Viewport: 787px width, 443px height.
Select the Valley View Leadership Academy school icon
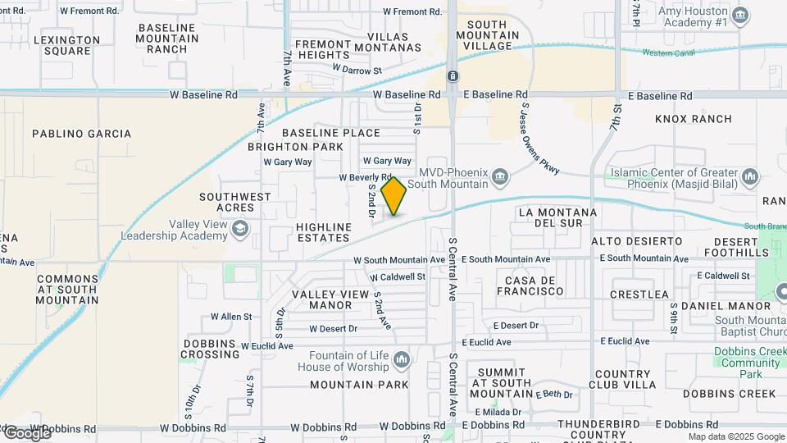point(239,230)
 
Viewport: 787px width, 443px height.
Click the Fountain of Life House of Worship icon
point(401,360)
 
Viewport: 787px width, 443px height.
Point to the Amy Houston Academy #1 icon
point(739,15)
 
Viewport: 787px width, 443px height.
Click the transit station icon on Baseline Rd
point(452,76)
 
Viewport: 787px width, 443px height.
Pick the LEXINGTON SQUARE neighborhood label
point(67,45)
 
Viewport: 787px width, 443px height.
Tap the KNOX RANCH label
point(694,119)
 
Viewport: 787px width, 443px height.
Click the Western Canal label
point(668,53)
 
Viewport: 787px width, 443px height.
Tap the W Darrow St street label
point(357,71)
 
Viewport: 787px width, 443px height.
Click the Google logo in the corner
point(28,432)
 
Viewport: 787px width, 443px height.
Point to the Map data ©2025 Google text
point(735,436)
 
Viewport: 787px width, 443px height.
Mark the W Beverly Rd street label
point(366,177)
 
